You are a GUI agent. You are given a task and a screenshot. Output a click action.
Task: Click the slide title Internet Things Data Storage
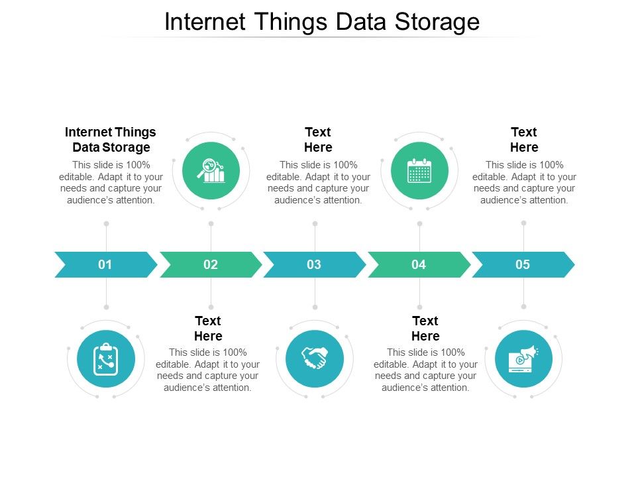click(321, 22)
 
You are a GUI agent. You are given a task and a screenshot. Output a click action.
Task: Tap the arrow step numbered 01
click(105, 265)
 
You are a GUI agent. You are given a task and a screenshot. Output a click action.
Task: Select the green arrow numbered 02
click(210, 265)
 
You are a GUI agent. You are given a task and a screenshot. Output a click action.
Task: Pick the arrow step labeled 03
click(314, 265)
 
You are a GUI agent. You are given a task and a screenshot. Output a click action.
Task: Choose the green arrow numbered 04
click(419, 265)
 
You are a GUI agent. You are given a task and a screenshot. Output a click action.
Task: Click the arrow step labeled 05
click(523, 265)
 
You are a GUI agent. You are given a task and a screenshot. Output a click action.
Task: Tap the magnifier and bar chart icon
click(211, 170)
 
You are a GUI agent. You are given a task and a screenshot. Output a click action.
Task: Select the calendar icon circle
click(419, 170)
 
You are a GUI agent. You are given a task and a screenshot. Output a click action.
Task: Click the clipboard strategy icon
click(106, 359)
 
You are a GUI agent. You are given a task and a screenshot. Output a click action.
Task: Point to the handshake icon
click(315, 358)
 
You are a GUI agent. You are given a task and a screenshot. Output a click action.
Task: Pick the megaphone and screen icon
click(523, 358)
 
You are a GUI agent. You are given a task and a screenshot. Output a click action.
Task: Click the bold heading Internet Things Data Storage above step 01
click(111, 140)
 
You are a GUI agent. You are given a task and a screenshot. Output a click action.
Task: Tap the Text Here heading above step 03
click(318, 140)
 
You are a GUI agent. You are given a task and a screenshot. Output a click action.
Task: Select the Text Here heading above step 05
click(524, 140)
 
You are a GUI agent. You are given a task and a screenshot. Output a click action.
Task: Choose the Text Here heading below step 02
click(208, 328)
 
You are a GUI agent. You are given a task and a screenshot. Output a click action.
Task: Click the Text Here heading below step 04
click(425, 328)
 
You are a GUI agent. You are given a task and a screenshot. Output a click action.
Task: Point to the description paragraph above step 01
click(111, 182)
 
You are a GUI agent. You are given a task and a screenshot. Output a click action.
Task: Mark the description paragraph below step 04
click(425, 370)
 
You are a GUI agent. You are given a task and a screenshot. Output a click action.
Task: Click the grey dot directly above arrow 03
click(315, 224)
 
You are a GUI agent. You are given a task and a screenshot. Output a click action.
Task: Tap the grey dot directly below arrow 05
click(523, 307)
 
